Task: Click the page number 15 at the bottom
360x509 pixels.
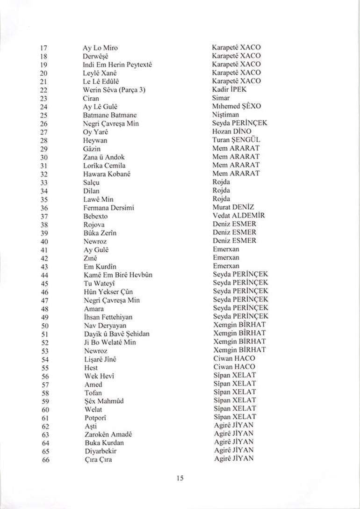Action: click(x=180, y=478)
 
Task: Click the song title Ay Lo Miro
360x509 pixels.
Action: click(x=100, y=48)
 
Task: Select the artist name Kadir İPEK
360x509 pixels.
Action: click(x=229, y=89)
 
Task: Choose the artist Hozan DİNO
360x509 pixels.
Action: click(x=231, y=132)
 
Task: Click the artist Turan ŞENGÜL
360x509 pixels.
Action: click(x=236, y=140)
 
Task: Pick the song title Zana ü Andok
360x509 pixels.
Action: click(x=104, y=157)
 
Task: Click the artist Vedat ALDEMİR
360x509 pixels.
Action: click(x=238, y=216)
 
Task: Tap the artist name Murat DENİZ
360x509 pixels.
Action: click(x=233, y=208)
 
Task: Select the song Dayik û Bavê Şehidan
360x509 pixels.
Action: click(x=117, y=334)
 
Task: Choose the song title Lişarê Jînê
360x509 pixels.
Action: click(x=100, y=359)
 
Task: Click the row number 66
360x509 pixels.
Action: click(x=45, y=459)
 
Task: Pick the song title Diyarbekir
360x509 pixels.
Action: click(x=101, y=451)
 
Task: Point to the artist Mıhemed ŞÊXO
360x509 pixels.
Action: click(x=237, y=107)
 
